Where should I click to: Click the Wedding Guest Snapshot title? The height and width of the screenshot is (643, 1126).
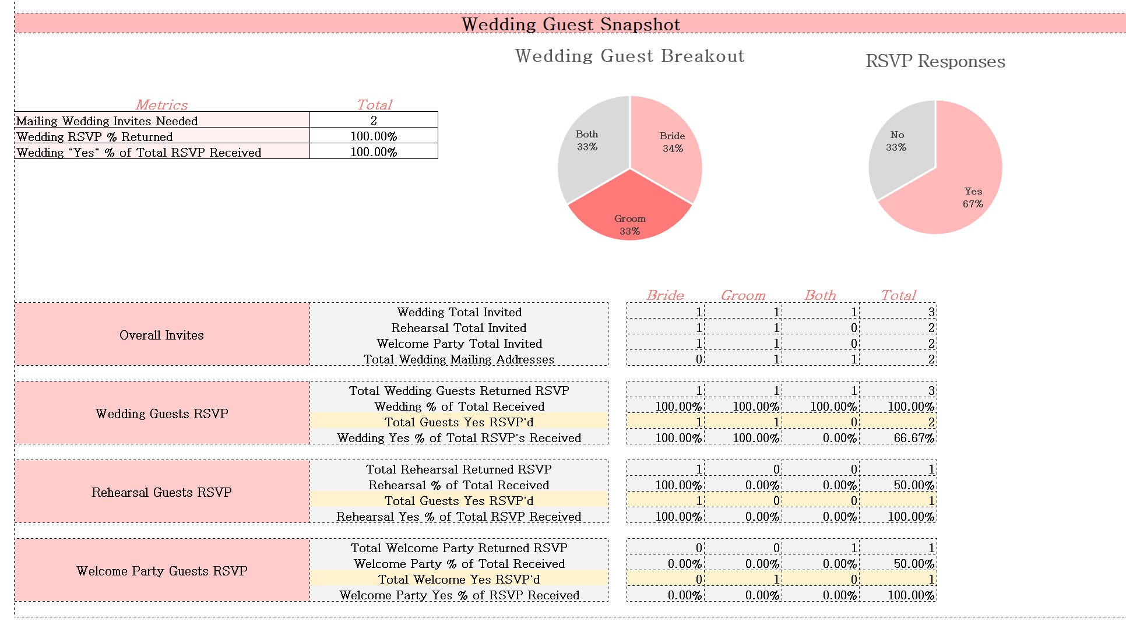tap(571, 24)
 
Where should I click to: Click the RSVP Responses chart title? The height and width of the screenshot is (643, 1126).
tap(935, 61)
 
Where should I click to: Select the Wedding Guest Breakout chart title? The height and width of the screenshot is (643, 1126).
tap(629, 56)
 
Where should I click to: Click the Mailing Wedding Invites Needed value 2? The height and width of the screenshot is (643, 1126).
tap(374, 120)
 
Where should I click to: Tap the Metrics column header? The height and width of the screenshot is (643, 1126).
tap(161, 105)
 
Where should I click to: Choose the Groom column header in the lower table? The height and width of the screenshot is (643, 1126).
tap(743, 295)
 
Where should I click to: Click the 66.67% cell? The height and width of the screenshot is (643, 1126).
tap(913, 438)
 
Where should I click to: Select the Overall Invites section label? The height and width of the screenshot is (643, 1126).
tap(161, 335)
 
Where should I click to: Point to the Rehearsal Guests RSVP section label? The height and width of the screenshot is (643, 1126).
tap(161, 492)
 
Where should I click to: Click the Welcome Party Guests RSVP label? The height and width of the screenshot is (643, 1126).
tap(161, 571)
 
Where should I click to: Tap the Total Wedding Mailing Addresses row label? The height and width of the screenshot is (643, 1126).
tap(459, 359)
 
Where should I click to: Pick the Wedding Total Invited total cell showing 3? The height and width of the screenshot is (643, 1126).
tap(931, 312)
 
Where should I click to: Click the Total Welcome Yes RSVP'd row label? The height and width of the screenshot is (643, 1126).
tap(459, 580)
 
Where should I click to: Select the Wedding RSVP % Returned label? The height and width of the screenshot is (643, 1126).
tap(94, 136)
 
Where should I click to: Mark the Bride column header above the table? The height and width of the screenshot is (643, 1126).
tap(665, 295)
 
